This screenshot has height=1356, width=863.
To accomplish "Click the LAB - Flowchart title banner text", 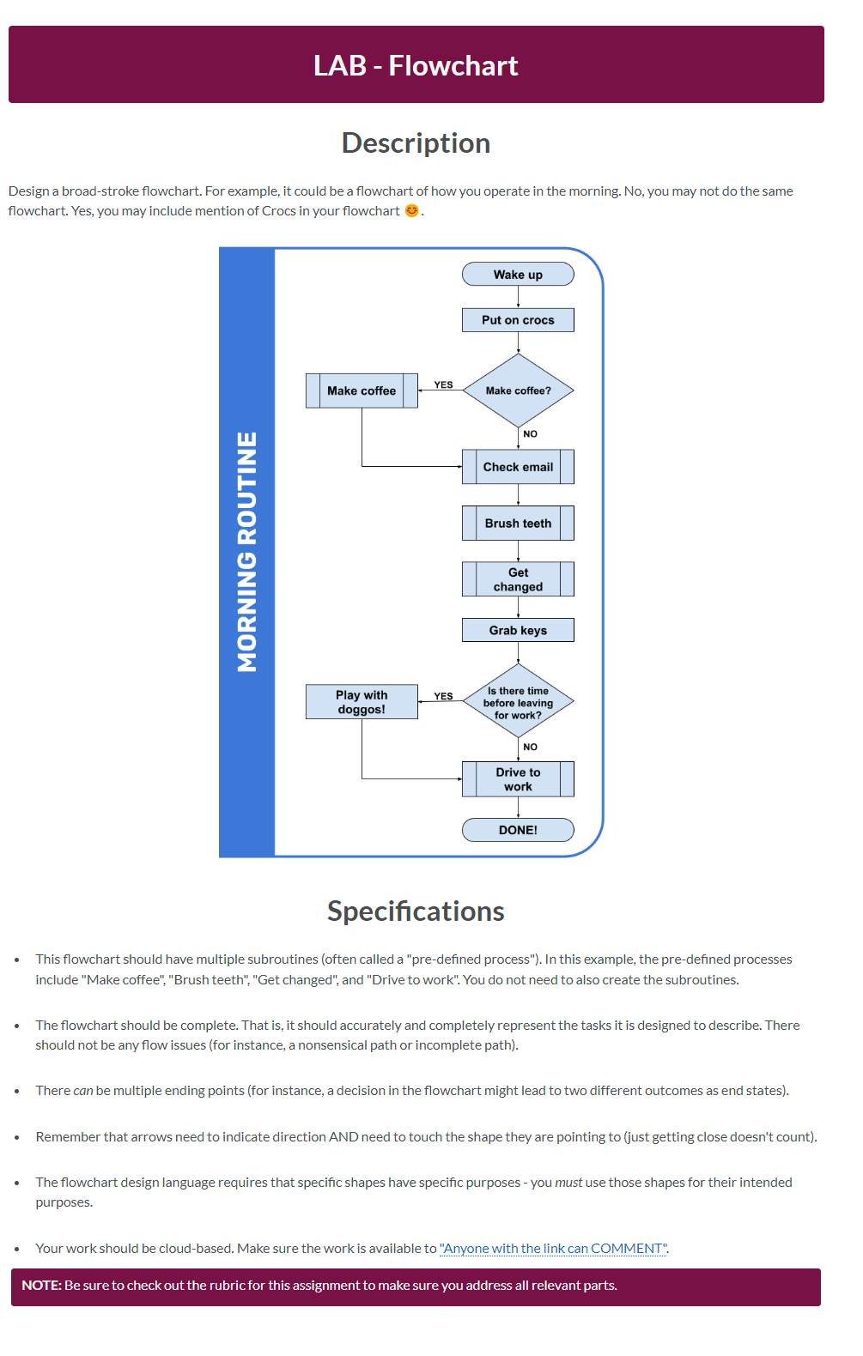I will pos(416,66).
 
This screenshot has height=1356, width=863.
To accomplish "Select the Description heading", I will pos(416,142).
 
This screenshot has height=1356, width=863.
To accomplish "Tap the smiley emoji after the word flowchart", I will pos(412,210).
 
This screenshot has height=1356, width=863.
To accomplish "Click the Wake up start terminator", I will pos(518,275).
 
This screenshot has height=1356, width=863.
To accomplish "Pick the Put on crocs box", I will pos(518,320).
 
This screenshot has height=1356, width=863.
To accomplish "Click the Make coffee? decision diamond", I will pos(518,390).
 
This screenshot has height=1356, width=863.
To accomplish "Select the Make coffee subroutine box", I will pos(362,390).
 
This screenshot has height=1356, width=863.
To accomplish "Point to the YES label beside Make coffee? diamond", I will pos(443,385).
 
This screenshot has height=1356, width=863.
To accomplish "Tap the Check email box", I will pos(518,467).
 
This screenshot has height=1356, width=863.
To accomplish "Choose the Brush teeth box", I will pos(518,524).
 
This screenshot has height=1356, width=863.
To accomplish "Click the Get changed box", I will pos(518,579).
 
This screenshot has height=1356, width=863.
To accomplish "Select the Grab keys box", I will pos(518,630).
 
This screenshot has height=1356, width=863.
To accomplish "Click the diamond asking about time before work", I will pos(518,702).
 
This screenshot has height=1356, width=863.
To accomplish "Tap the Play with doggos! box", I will pos(362,702).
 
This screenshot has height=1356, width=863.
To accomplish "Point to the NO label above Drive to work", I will pos(531,747).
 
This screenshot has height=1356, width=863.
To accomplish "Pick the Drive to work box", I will pos(518,779).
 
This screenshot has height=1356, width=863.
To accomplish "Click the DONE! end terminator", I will pos(518,830).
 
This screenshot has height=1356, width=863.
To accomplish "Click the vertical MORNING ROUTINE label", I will pos(247,552).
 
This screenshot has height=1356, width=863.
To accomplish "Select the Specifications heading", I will pos(416,911).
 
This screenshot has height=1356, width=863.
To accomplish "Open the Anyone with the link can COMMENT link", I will pos(553,1248).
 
